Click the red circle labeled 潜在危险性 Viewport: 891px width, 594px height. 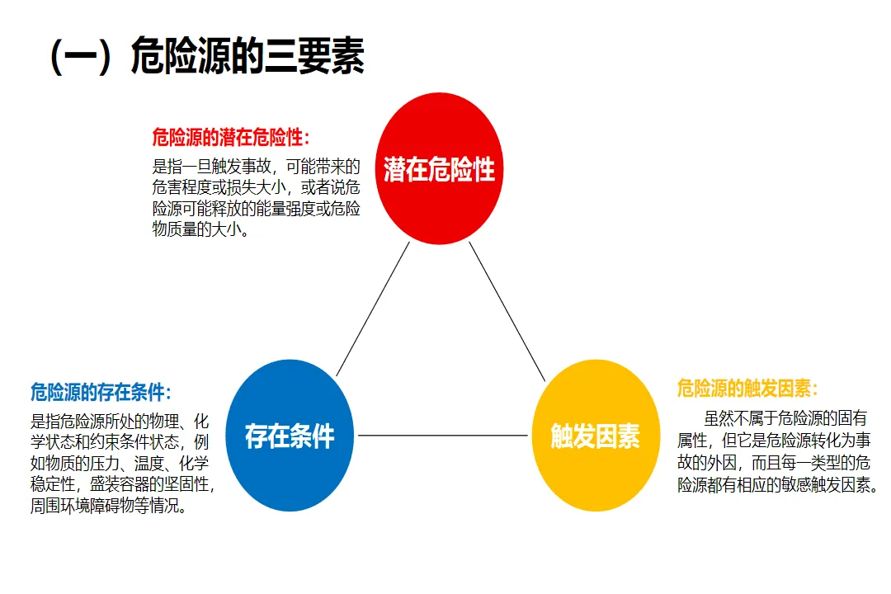(x=439, y=169)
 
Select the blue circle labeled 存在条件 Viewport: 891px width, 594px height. (x=289, y=436)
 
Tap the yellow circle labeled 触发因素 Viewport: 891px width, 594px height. (x=595, y=436)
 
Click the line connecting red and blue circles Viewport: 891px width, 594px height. (x=373, y=309)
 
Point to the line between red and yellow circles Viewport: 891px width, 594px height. (x=507, y=312)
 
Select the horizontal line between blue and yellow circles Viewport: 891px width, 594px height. (x=441, y=436)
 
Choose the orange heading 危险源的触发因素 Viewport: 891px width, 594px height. (x=747, y=388)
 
